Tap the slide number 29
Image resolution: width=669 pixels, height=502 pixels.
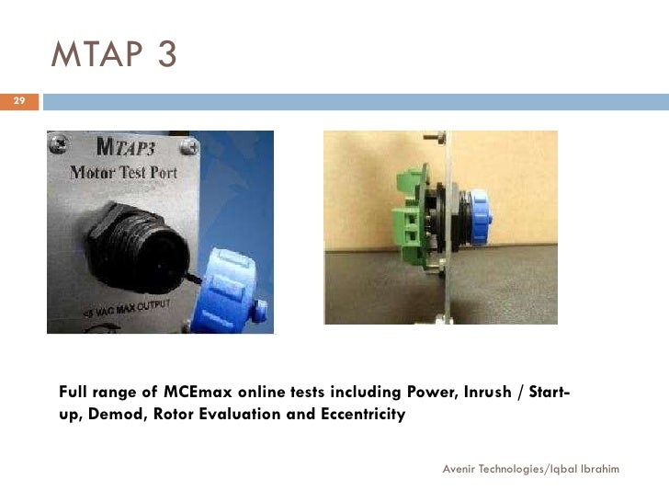(x=19, y=100)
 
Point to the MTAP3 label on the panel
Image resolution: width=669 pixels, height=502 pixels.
(x=140, y=150)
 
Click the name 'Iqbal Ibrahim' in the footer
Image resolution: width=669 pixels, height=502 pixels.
(x=584, y=469)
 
